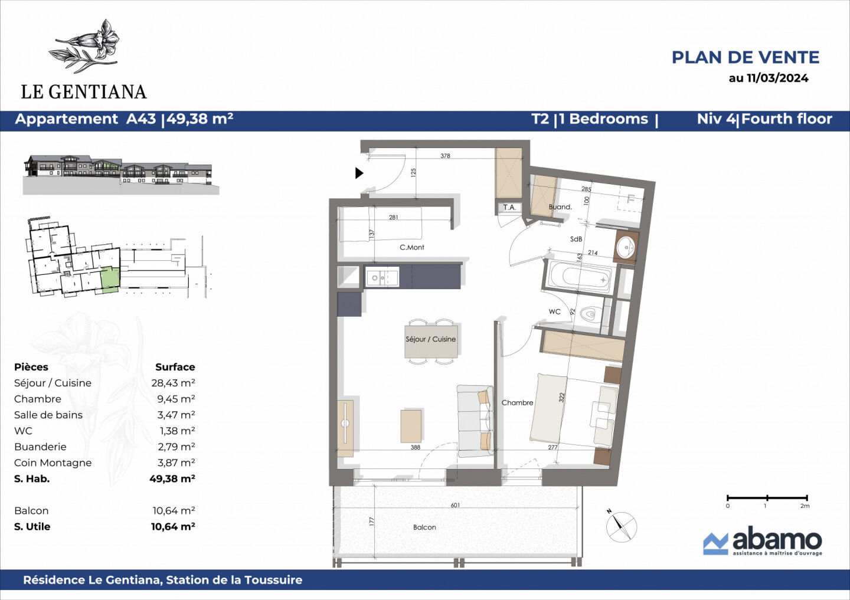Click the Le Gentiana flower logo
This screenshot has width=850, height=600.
tap(87, 46)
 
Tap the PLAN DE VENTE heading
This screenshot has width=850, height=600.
tap(745, 57)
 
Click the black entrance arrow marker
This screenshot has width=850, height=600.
tap(359, 173)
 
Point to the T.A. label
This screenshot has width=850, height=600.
tap(509, 207)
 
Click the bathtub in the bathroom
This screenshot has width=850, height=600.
tap(579, 277)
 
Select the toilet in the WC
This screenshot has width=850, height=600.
tap(590, 314)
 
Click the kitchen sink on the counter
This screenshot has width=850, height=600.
tap(382, 277)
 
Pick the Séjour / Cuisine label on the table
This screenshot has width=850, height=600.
tap(430, 339)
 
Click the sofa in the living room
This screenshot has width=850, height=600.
tap(475, 419)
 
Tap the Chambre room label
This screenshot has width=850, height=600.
tap(517, 402)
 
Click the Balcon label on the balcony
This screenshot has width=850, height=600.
tap(424, 527)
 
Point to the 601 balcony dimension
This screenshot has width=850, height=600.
tap(455, 505)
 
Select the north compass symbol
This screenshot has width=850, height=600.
tap(621, 526)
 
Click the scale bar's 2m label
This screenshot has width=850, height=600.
tap(805, 506)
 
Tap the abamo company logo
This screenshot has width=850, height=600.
tap(762, 541)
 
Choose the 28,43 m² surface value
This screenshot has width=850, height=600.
tap(173, 383)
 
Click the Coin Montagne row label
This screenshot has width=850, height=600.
tap(53, 463)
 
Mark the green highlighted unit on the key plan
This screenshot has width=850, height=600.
tap(109, 280)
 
